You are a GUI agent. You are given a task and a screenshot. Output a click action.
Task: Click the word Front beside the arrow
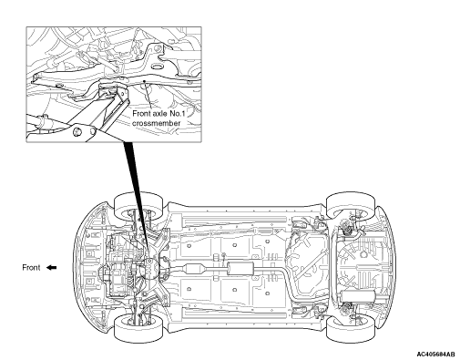[x=31, y=268]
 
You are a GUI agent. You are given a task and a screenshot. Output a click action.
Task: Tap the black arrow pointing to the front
[x=52, y=268]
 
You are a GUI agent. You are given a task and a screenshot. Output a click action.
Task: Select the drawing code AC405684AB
[x=436, y=355]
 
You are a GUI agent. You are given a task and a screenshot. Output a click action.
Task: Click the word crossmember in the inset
[x=156, y=123]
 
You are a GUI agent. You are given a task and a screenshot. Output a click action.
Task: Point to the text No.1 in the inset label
[x=177, y=114]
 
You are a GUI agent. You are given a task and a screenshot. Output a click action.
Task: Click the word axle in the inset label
[x=160, y=114]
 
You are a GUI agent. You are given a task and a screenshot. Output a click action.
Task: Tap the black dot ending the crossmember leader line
[x=145, y=81]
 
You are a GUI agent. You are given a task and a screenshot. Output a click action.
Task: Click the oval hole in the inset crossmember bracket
[x=157, y=67]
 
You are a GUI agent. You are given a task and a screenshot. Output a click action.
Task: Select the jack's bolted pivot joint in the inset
[x=77, y=131]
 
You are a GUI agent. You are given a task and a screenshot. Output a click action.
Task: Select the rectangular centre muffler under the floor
[x=240, y=269]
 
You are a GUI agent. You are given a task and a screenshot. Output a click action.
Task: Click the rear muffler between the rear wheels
[x=358, y=295]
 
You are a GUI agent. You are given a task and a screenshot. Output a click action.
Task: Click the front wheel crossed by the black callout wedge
[x=138, y=206]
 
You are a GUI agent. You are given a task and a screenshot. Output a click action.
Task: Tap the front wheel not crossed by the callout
[x=138, y=328]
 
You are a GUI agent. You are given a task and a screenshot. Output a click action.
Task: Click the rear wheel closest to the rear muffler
[x=351, y=328]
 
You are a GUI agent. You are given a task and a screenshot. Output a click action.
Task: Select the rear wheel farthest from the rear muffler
[x=351, y=205]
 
